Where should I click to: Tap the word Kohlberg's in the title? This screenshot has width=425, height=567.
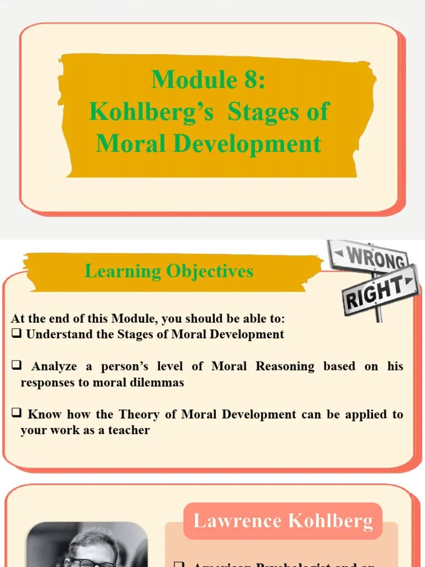point(151,112)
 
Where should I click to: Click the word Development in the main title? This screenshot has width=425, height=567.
point(247,144)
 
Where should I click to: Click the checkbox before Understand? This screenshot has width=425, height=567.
point(16,334)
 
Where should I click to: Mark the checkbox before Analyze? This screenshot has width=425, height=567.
point(16,366)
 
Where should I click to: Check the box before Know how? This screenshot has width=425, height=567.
point(16,414)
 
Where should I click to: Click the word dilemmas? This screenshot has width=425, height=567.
point(157,383)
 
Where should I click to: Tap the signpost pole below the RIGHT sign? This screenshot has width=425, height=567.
point(379,313)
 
